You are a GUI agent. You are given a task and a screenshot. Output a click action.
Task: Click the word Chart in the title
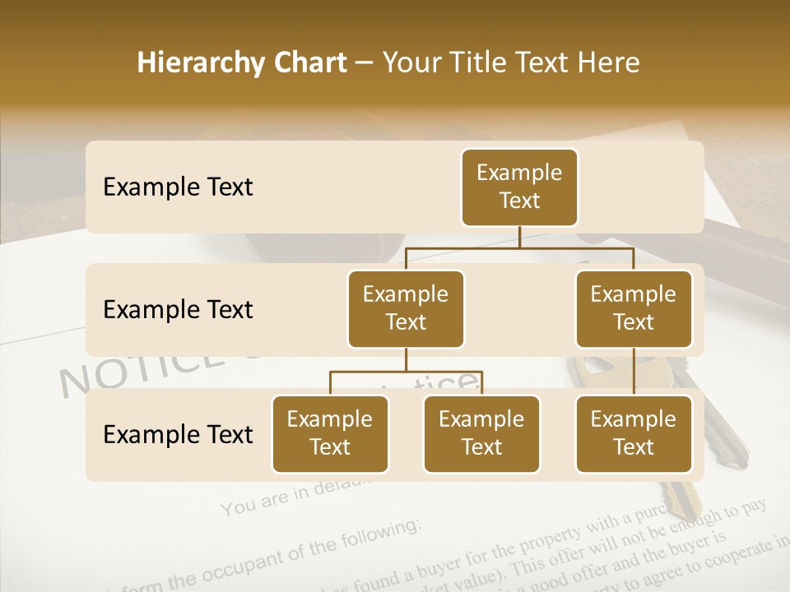coord(308,63)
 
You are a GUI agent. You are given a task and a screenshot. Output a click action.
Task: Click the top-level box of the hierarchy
coord(519,187)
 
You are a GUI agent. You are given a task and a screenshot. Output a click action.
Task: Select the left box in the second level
coord(406,308)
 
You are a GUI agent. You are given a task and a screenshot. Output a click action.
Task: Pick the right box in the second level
coord(634,308)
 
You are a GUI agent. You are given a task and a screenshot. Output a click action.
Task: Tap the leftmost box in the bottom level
coord(330,433)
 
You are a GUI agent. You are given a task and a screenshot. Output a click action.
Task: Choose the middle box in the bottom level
coord(481,433)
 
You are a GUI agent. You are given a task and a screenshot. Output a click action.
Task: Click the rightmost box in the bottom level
coord(634,433)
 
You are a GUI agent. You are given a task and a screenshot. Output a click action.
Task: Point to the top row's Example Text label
coord(178,187)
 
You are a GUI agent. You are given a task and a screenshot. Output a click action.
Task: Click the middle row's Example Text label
coord(178,309)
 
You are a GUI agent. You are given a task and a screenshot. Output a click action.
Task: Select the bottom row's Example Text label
coord(178,434)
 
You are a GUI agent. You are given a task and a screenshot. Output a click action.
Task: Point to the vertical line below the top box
coord(519,237)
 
